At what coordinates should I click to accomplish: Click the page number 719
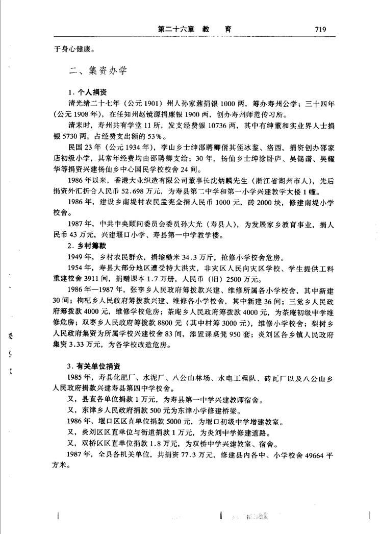pos(320,30)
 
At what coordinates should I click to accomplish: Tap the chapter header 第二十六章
pos(171,30)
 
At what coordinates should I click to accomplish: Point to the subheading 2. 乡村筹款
pos(86,246)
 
